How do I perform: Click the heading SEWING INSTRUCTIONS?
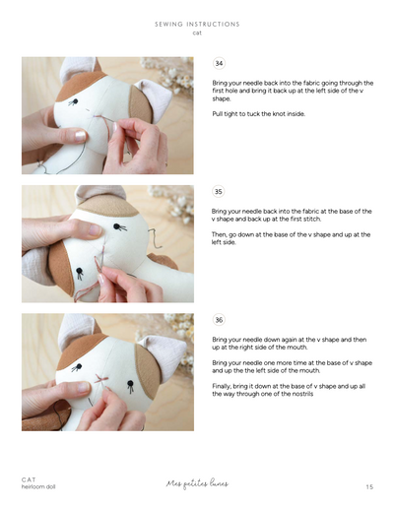[x=197, y=24]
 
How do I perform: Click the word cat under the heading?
[x=197, y=32]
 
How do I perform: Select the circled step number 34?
[x=219, y=63]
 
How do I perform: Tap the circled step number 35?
[x=219, y=192]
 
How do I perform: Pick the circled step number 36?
[x=219, y=320]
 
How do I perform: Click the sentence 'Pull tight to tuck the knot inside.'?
[x=258, y=114]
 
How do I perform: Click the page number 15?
[x=368, y=486]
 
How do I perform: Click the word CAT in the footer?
[x=29, y=479]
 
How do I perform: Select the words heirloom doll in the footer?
[x=38, y=486]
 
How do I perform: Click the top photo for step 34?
[x=107, y=115]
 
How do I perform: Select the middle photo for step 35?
[x=107, y=243]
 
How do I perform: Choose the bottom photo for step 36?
[x=107, y=371]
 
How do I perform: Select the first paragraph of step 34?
[x=291, y=91]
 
